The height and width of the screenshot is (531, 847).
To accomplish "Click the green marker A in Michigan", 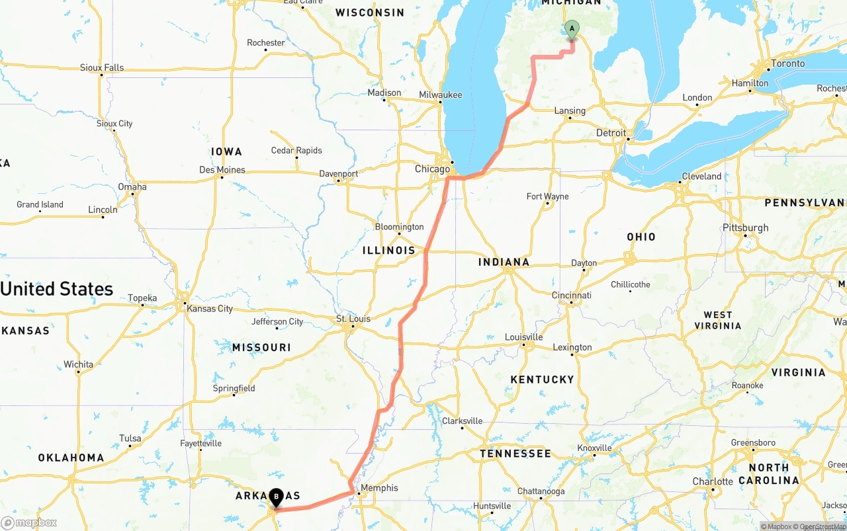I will [x=572, y=29].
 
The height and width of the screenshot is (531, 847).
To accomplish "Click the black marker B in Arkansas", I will [x=275, y=497].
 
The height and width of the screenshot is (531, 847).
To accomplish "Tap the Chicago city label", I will [x=432, y=169].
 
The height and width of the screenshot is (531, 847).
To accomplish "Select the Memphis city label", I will [x=380, y=488].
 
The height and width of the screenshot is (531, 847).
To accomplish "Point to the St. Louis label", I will [x=353, y=319].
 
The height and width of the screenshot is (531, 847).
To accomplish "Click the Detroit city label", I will [x=611, y=133].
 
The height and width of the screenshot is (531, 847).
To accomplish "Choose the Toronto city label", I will [x=787, y=63].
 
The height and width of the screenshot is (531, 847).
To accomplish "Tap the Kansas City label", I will [x=210, y=309].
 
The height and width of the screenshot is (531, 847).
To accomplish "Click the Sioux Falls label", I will [x=102, y=67].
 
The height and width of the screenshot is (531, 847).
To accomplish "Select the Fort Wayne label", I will [x=547, y=196].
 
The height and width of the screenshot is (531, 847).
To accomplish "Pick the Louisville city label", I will [x=523, y=337].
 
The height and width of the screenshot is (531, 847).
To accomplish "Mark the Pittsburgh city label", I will [x=746, y=227].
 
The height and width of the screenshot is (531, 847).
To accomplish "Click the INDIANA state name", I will [x=504, y=262].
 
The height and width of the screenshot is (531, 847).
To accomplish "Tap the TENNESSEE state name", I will [x=515, y=454].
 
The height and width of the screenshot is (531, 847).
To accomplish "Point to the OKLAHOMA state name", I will [x=71, y=458].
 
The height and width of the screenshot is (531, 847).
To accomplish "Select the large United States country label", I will [x=57, y=289].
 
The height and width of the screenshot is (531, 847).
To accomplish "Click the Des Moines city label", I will [x=222, y=170].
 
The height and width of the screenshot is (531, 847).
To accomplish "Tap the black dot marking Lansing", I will [x=569, y=118].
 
